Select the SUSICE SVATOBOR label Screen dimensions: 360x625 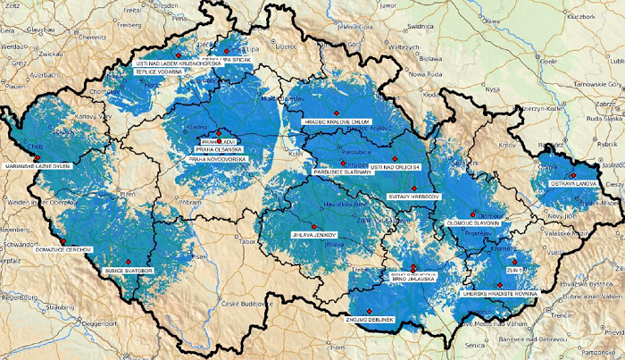pyautogui.click(x=130, y=268)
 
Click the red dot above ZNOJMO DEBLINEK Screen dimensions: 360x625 pyautogui.click(x=371, y=309)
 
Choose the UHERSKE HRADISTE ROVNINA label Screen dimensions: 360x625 pyautogui.click(x=496, y=292)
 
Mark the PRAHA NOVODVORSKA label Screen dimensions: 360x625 pyautogui.click(x=216, y=158)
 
